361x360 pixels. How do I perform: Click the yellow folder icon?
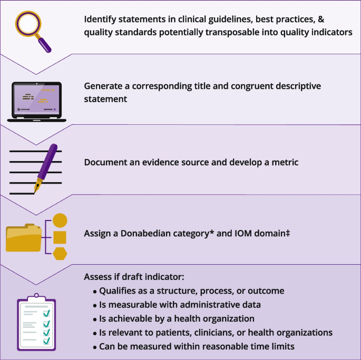(23, 238)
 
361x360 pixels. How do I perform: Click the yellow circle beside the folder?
(60, 221)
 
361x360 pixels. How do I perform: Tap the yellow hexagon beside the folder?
(60, 254)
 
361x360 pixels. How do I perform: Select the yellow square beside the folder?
(60, 237)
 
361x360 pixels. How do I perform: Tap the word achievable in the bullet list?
(132, 318)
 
